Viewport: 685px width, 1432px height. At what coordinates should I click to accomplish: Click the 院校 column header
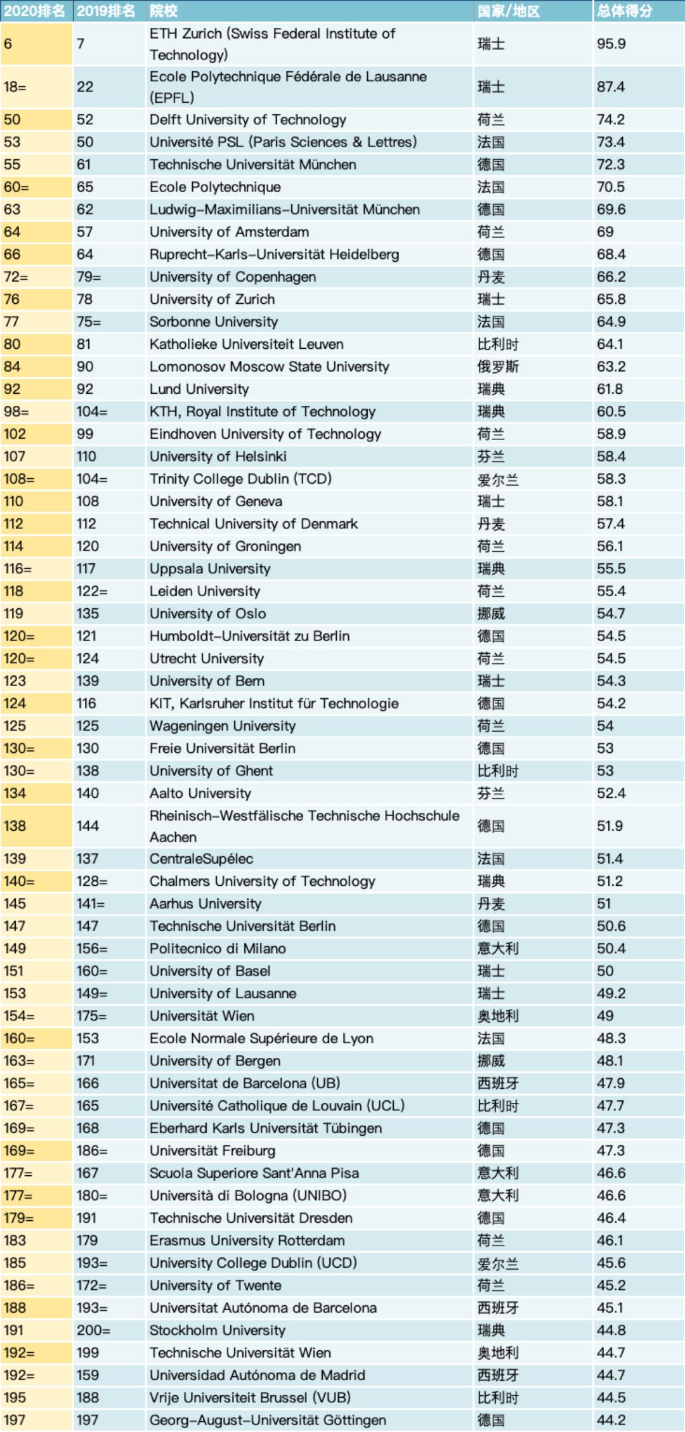[164, 11]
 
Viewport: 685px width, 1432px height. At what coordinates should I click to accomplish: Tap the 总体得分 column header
[624, 11]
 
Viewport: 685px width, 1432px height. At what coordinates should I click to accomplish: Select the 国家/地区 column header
[509, 11]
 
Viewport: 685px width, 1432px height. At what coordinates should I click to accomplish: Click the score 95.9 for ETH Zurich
[611, 44]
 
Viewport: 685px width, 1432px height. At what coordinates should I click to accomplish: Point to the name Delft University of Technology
[248, 119]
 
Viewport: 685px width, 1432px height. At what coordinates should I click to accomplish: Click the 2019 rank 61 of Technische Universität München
[84, 164]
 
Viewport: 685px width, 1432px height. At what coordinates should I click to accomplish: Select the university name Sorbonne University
[214, 322]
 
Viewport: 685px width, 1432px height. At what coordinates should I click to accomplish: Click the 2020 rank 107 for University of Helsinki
[15, 456]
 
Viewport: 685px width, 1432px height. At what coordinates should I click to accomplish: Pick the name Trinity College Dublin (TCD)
[240, 479]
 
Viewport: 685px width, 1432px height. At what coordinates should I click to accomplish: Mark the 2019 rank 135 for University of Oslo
[88, 613]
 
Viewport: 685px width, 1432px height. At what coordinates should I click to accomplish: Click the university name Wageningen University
[223, 726]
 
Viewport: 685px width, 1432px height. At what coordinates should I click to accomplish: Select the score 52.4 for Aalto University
[611, 793]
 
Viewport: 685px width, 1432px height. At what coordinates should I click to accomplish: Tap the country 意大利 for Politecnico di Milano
[498, 948]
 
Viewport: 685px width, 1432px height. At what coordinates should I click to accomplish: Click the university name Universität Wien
[202, 1015]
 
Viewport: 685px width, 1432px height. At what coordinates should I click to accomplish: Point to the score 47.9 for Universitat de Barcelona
[611, 1083]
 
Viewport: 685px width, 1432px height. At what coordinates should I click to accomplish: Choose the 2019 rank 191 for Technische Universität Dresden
[86, 1218]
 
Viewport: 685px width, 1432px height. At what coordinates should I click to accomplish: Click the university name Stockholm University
[218, 1330]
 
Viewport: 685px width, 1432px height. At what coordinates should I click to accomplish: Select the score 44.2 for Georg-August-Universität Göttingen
[611, 1420]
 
